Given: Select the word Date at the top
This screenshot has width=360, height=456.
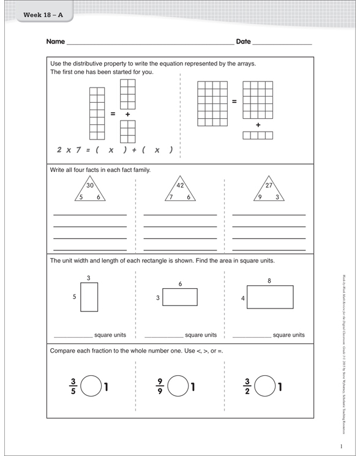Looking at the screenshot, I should click(243, 42).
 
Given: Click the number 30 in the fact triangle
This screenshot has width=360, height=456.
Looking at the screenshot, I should click(90, 185).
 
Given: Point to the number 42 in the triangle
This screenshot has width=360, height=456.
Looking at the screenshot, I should click(180, 185).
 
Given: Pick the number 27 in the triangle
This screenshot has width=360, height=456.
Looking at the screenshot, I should click(269, 185).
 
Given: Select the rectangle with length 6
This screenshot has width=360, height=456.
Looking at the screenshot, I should click(180, 297).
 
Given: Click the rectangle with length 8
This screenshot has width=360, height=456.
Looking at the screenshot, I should click(269, 297).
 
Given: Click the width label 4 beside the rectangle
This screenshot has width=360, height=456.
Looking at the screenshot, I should click(243, 299).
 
